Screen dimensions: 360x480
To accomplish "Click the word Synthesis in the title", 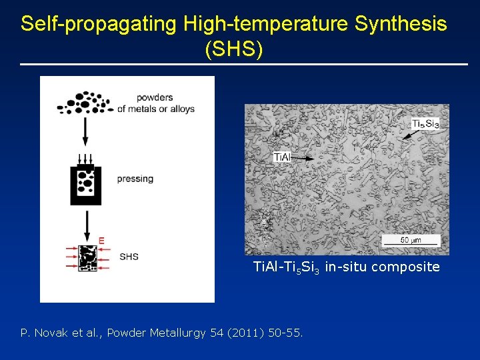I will (x=401, y=24).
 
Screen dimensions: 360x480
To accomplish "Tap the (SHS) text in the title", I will (x=235, y=50).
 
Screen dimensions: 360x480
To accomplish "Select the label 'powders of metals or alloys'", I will (x=155, y=103).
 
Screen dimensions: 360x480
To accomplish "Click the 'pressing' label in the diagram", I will (x=135, y=179).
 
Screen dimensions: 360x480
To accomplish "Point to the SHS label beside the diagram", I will (x=129, y=257).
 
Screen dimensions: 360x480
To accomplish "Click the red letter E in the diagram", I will (x=101, y=240).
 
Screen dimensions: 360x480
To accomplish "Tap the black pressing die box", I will (x=86, y=185).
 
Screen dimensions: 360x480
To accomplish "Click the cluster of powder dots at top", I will (x=83, y=103).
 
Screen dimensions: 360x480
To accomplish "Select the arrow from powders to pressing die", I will (x=85, y=131).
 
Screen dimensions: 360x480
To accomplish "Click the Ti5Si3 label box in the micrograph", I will (x=425, y=123).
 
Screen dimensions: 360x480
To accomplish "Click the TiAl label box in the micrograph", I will (x=282, y=157).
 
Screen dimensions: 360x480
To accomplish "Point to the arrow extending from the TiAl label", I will (x=303, y=159).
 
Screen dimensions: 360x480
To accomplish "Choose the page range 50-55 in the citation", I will (x=283, y=332).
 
